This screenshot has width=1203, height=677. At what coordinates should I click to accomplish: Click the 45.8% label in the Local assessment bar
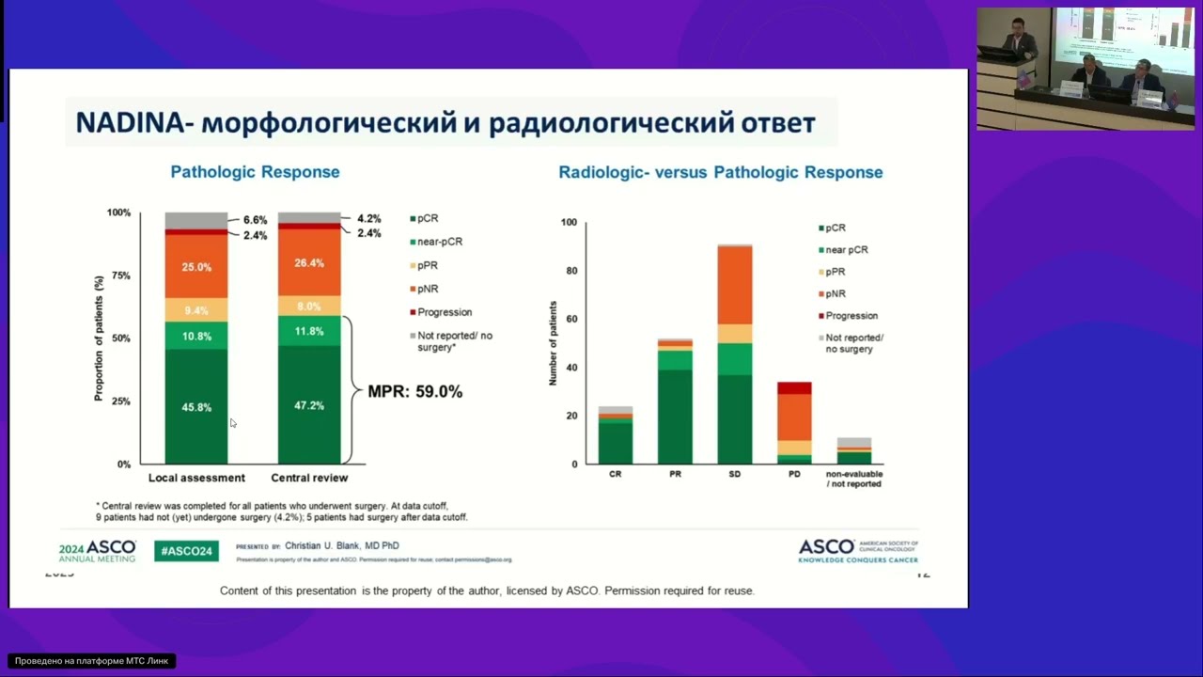click(196, 407)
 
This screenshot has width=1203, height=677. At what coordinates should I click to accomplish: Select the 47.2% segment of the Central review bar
click(309, 405)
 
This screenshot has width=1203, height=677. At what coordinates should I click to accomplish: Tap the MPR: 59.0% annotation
click(414, 391)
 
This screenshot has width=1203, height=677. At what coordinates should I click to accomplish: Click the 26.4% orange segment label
click(309, 263)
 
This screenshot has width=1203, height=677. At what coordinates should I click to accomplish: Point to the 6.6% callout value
click(255, 220)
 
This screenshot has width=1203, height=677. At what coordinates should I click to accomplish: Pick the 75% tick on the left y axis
click(119, 276)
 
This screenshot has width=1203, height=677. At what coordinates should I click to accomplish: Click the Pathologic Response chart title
click(255, 172)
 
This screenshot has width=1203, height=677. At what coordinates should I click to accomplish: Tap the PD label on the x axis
click(794, 474)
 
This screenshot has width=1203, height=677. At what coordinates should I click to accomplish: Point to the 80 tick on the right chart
click(569, 271)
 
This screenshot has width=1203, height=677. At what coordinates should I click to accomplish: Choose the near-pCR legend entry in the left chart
click(439, 242)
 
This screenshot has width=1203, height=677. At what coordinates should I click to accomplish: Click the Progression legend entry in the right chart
click(851, 316)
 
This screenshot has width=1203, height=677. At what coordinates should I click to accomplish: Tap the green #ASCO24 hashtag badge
click(186, 551)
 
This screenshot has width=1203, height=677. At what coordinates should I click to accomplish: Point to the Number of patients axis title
click(553, 343)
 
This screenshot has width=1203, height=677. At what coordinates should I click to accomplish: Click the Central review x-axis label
click(309, 478)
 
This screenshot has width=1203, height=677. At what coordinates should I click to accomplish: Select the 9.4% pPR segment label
click(196, 310)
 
